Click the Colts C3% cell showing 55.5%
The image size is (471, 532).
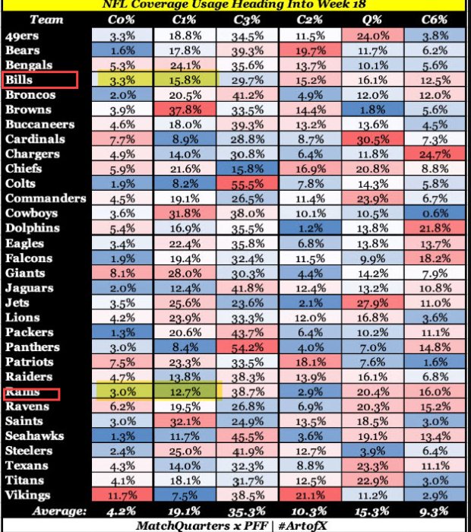[248, 183]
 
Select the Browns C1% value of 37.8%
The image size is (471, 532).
[185, 109]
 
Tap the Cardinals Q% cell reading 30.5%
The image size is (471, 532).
[372, 139]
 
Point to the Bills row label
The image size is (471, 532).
[20, 80]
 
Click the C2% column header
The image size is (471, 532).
[310, 20]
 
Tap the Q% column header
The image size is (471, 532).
[372, 20]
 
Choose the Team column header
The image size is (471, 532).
[47, 20]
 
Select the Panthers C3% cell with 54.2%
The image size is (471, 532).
[248, 347]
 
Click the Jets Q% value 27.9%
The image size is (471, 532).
[372, 302]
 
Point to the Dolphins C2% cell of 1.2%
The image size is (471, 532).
[310, 228]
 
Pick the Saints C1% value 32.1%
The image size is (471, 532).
[185, 421]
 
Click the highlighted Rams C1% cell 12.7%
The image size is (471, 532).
[185, 392]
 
